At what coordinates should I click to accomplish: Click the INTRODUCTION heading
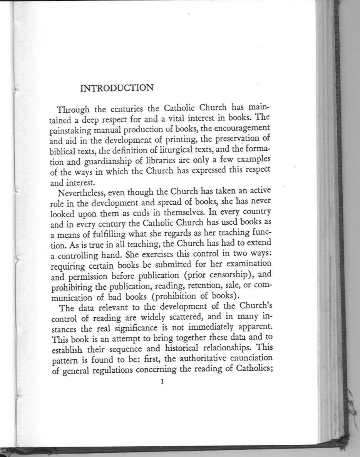pyautogui.click(x=116, y=88)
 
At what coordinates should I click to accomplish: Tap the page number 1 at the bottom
pyautogui.click(x=163, y=382)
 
